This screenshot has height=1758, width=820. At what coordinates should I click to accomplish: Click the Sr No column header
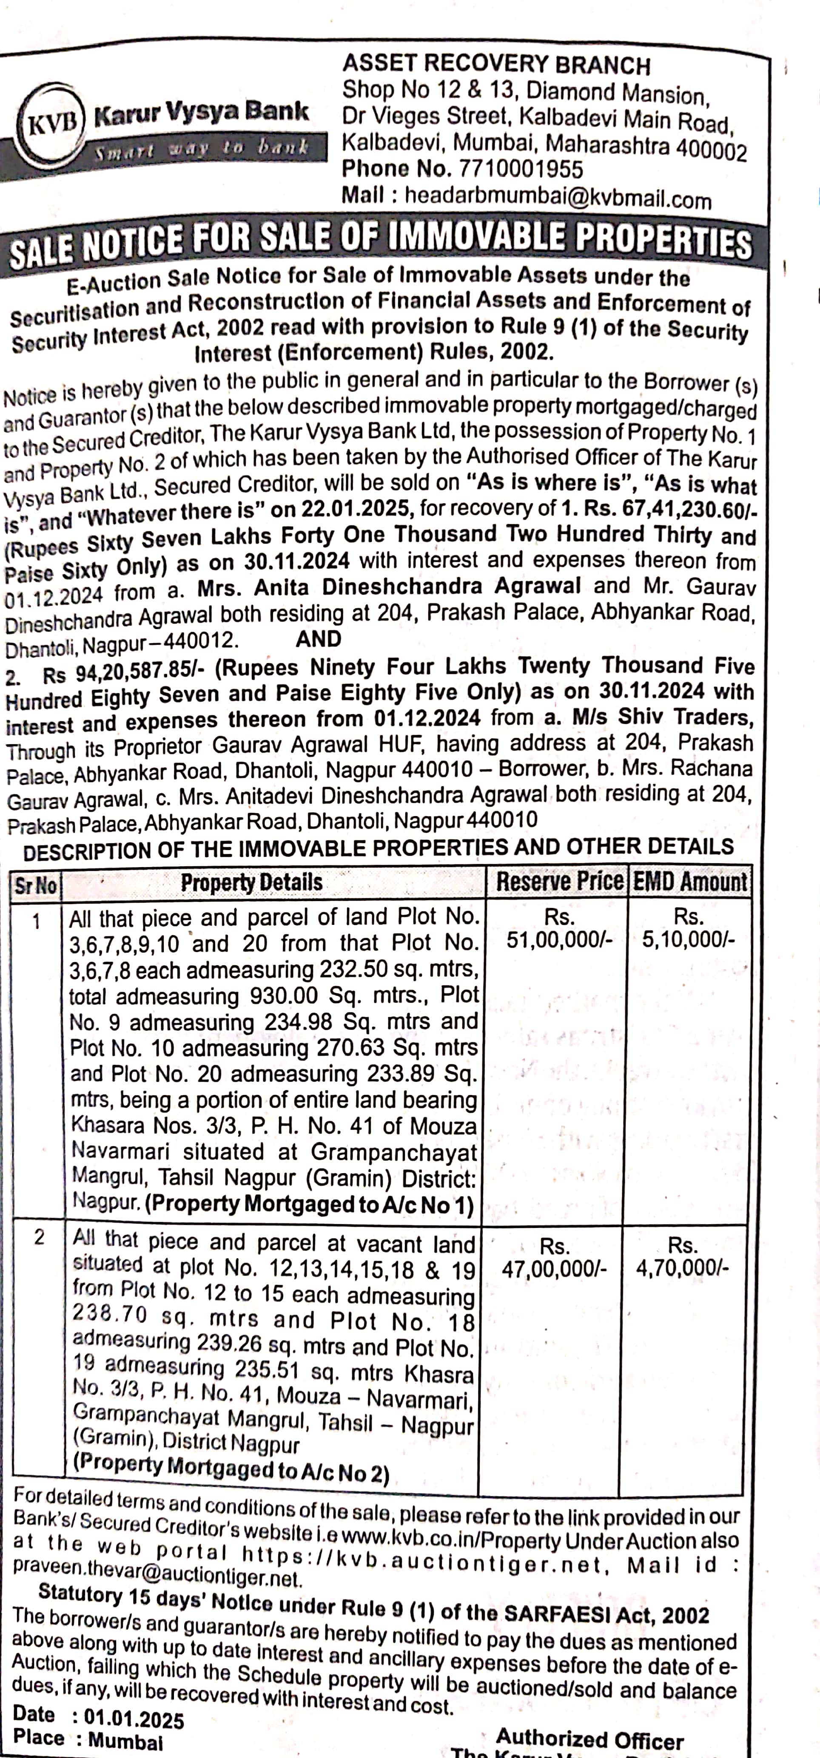click(x=35, y=885)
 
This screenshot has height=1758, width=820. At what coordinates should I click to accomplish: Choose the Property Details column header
click(x=251, y=882)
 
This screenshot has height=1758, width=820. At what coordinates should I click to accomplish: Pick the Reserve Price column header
click(x=559, y=881)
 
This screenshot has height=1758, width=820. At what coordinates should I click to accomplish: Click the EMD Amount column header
click(x=689, y=882)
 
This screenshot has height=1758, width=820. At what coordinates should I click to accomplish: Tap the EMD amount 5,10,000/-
click(x=688, y=939)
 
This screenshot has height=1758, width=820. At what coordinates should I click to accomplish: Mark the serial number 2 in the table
click(x=39, y=1236)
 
